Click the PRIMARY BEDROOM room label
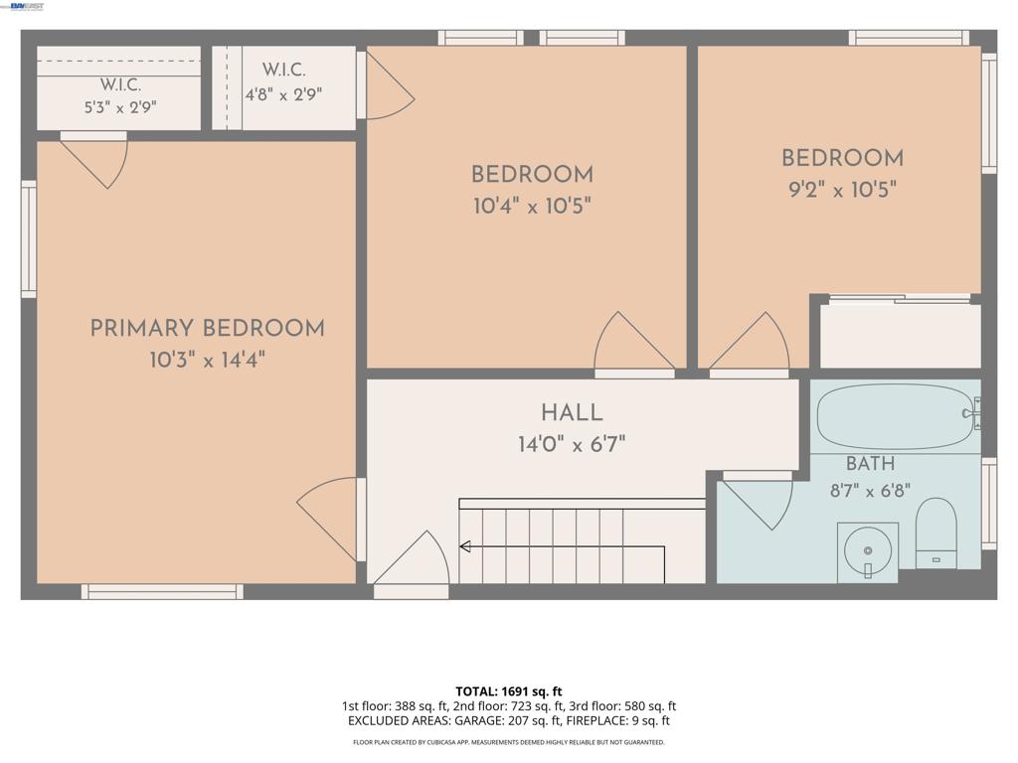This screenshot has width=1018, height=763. pyautogui.click(x=207, y=328)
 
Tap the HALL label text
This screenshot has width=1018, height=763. pyautogui.click(x=572, y=412)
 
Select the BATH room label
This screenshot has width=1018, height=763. pyautogui.click(x=871, y=464)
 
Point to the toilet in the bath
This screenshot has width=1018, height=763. pyautogui.click(x=935, y=534)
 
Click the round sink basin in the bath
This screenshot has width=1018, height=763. pyautogui.click(x=867, y=550)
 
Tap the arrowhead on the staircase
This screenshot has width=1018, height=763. pyautogui.click(x=465, y=546)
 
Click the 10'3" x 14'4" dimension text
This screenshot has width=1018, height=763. pyautogui.click(x=207, y=360)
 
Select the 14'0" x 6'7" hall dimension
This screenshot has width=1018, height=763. pyautogui.click(x=572, y=444)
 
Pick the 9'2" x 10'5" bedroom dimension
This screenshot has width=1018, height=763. pyautogui.click(x=843, y=190)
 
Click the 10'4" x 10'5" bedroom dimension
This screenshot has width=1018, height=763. pyautogui.click(x=533, y=207)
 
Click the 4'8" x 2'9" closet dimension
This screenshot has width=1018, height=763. pyautogui.click(x=283, y=94)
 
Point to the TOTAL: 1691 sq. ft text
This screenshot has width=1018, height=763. pyautogui.click(x=509, y=691)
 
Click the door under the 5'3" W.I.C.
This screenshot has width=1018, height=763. pyautogui.click(x=94, y=162)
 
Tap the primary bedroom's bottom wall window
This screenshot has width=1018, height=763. pyautogui.click(x=162, y=591)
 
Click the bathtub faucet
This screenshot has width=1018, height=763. pyautogui.click(x=972, y=413)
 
